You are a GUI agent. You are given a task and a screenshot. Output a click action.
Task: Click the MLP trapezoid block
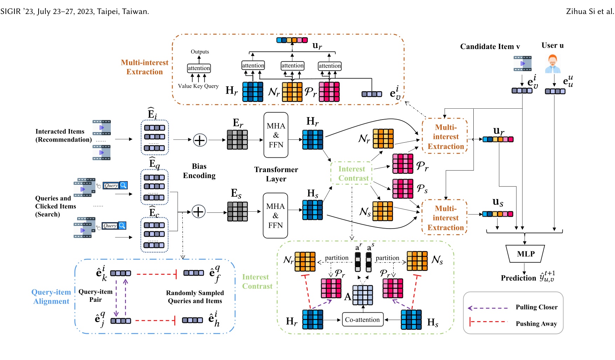(x=525, y=254)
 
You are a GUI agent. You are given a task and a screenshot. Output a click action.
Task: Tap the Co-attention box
(x=362, y=320)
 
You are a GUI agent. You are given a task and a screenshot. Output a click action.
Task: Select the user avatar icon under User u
(x=553, y=64)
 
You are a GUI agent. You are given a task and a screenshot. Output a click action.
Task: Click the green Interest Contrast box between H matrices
(x=352, y=173)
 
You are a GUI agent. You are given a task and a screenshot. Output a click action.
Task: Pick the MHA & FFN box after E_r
(x=276, y=135)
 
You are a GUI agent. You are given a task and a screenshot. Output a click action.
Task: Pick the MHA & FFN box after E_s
(x=275, y=216)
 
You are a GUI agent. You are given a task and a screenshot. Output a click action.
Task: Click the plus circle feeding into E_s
(x=198, y=212)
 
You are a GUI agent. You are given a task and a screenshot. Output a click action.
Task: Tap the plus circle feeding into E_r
(x=200, y=140)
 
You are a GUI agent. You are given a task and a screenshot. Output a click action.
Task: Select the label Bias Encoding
(x=199, y=171)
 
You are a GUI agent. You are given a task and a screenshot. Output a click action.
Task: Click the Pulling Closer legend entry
(x=536, y=307)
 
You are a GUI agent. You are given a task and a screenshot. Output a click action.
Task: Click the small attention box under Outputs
(x=199, y=68)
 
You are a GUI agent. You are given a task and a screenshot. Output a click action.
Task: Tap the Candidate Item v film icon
(x=522, y=63)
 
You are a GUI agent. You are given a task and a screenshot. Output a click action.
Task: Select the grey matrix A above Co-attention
(x=363, y=295)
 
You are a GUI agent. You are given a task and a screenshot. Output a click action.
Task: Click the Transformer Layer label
(x=276, y=174)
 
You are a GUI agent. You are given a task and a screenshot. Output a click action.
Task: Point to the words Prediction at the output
(x=518, y=278)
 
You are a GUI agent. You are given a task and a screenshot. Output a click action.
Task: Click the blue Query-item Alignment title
(x=51, y=297)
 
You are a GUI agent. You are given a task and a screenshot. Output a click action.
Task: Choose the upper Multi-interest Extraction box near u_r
(x=445, y=137)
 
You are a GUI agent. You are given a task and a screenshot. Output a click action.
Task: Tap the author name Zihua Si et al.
(x=590, y=12)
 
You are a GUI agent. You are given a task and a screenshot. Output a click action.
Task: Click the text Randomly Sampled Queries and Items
(x=195, y=297)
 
